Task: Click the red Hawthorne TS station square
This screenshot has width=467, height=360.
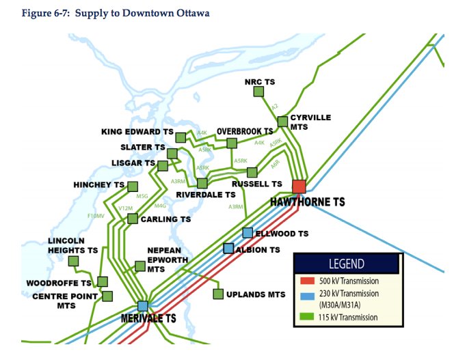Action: click(299, 186)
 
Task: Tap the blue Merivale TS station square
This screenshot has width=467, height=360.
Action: click(142, 306)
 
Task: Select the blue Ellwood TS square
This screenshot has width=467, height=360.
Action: click(248, 232)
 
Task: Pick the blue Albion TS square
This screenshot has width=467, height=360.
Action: click(229, 249)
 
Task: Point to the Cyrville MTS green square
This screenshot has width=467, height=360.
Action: click(282, 122)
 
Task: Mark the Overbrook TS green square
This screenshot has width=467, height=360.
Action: click(232, 143)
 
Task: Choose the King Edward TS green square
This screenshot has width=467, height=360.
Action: click(181, 137)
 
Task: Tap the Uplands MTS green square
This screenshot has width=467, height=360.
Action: click(218, 294)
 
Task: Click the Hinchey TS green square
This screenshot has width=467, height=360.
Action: click(133, 186)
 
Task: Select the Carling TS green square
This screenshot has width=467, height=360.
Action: click(133, 219)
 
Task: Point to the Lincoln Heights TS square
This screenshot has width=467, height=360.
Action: click(74, 260)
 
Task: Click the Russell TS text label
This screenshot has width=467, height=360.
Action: click(256, 184)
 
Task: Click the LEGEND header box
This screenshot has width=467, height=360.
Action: click(346, 264)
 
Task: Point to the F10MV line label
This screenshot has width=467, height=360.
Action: click(96, 216)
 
